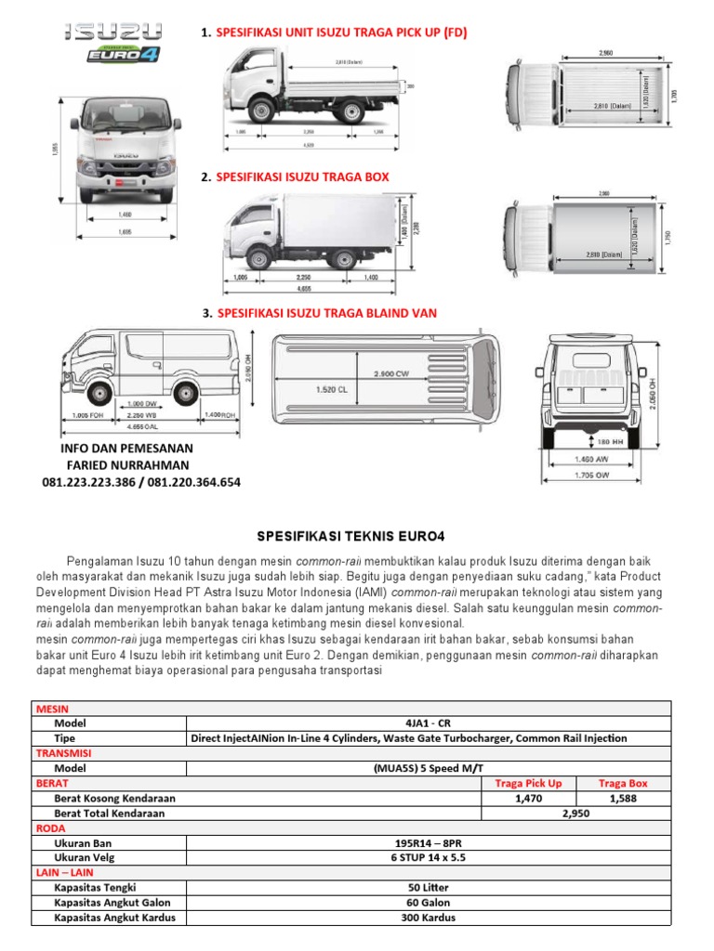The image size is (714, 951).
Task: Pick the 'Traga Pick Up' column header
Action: pos(528,783)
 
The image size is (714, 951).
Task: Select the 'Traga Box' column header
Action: pos(623,783)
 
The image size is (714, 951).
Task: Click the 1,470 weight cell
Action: pos(528,798)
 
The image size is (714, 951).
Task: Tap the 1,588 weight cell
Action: pos(623,798)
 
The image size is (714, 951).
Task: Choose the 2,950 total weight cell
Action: pos(576,813)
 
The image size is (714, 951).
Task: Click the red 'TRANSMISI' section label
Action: pos(58,753)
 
